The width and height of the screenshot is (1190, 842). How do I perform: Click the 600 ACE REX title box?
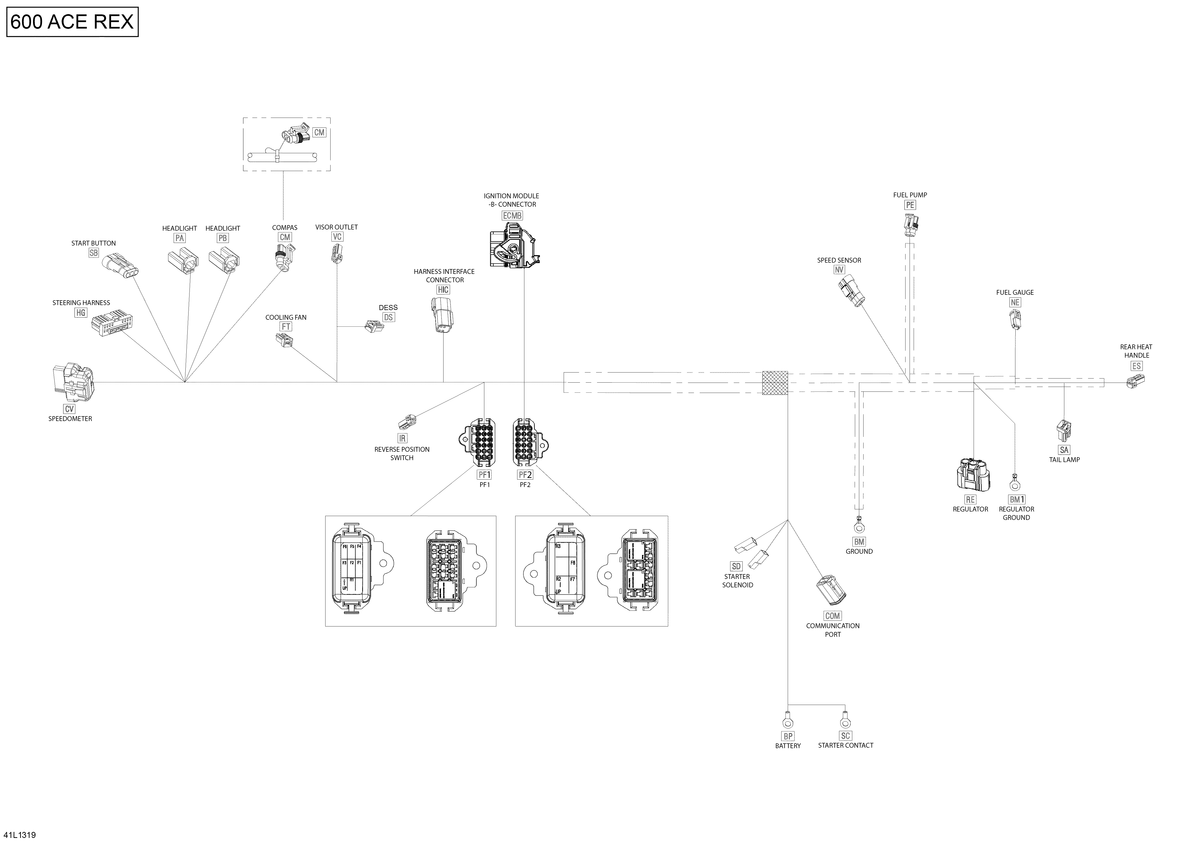[x=72, y=22]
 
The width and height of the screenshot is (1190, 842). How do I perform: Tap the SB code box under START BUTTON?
[x=93, y=253]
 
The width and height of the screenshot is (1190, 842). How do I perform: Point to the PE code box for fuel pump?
[x=910, y=205]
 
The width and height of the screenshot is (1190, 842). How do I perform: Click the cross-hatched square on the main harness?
[x=775, y=383]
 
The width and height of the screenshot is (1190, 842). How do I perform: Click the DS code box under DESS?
[x=388, y=317]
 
